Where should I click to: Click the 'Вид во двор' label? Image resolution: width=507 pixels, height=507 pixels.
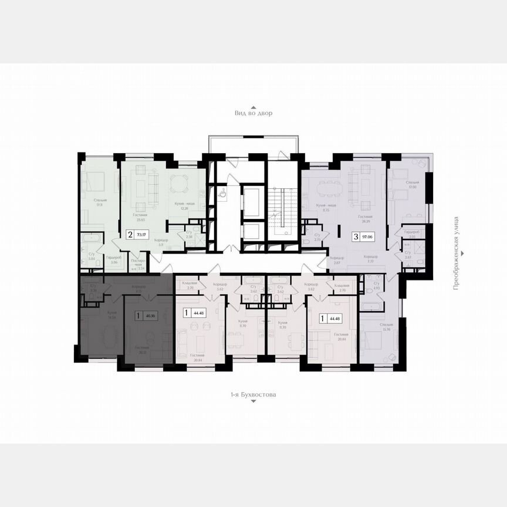[x=253, y=113]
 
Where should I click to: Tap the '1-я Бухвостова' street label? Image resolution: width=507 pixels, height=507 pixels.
[x=253, y=395]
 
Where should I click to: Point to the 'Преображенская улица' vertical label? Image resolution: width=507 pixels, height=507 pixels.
[x=463, y=269]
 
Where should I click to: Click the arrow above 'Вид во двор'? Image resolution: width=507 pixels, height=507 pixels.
[x=253, y=107]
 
